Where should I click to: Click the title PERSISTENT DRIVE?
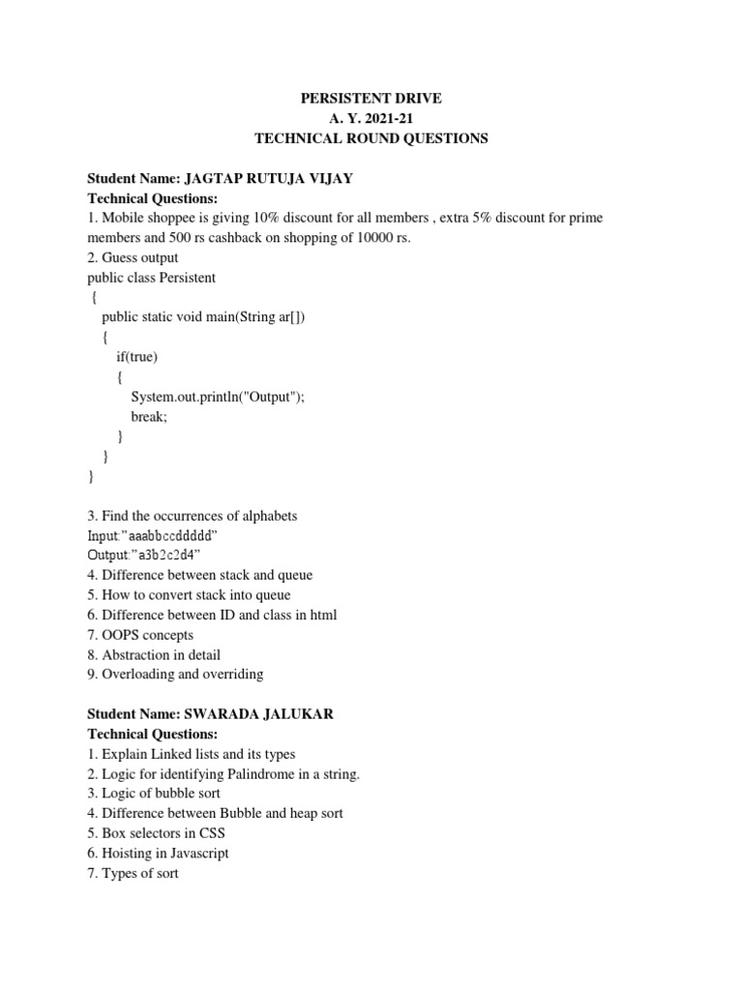tap(371, 99)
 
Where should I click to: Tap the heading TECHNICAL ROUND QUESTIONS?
tap(371, 138)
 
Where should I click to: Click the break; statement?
tap(149, 416)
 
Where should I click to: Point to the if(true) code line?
tap(136, 357)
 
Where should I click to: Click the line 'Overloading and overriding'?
tap(175, 675)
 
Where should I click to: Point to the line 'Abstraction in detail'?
tap(154, 654)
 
